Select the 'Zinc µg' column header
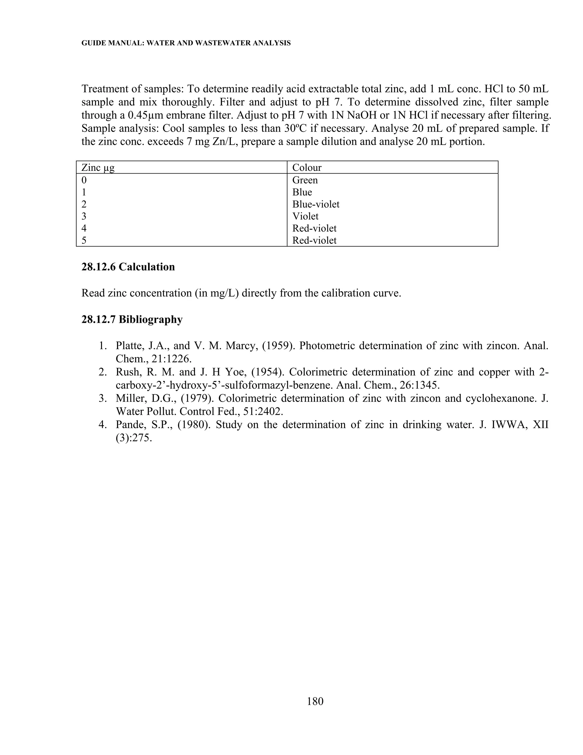pos(98,168)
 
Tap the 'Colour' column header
pos(307,168)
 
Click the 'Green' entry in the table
pos(305,180)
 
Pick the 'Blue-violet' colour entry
pos(316,204)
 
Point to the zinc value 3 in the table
pos(84,217)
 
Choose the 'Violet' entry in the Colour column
pos(305,217)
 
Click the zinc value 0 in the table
pos(84,180)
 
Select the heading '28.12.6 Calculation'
pos(128,267)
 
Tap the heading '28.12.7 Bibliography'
pos(132,319)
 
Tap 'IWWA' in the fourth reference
pos(508,425)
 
